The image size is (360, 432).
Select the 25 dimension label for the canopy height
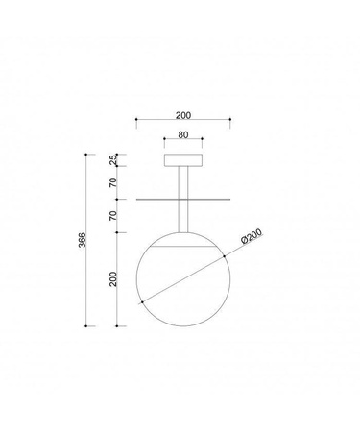pyautogui.click(x=112, y=160)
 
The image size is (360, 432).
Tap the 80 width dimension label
pyautogui.click(x=183, y=137)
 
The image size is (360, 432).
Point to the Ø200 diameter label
pyautogui.click(x=252, y=238)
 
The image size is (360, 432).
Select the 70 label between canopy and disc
pyautogui.click(x=112, y=182)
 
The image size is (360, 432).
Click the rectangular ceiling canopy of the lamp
pyautogui.click(x=182, y=160)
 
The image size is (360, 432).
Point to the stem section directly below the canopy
pyautogui.click(x=182, y=182)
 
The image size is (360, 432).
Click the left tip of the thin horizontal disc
pyautogui.click(x=137, y=200)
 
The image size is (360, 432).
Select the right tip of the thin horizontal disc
pyautogui.click(x=229, y=200)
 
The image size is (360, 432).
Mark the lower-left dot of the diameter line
pyautogui.click(x=142, y=302)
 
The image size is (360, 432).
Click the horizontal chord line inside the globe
pyautogui.click(x=182, y=245)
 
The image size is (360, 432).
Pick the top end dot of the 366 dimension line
pyautogui.click(x=88, y=153)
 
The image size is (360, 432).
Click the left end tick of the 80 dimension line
pyautogui.click(x=165, y=143)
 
